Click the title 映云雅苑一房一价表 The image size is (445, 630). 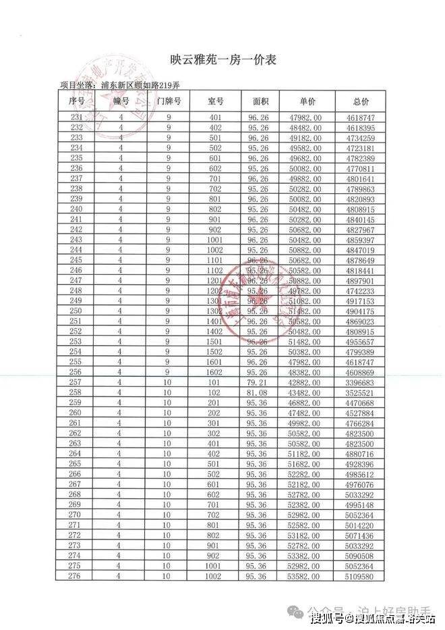[222, 60]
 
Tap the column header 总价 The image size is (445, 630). [361, 101]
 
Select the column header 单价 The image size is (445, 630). [307, 101]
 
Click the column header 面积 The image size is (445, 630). [261, 101]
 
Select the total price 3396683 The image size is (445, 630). [363, 382]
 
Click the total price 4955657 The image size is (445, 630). [362, 341]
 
